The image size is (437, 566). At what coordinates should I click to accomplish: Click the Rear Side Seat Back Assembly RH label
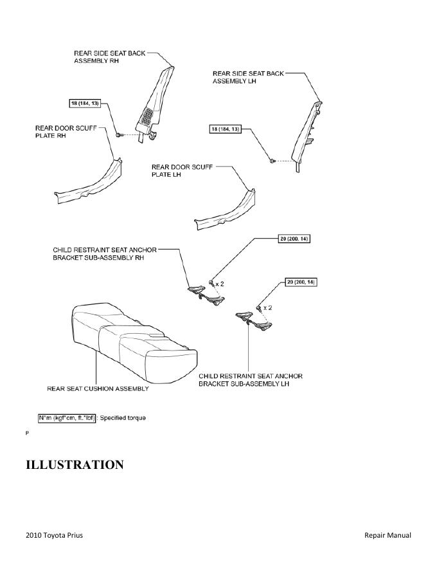[109, 57]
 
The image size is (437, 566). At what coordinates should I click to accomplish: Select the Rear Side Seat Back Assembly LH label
[247, 78]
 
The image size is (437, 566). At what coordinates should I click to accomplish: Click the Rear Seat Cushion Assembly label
[98, 388]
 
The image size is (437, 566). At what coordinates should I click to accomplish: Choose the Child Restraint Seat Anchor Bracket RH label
[105, 253]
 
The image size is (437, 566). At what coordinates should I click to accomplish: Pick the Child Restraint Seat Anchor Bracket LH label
[251, 379]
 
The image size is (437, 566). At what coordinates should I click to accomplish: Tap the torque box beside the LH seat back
[226, 129]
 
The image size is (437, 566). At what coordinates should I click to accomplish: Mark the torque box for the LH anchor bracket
[301, 282]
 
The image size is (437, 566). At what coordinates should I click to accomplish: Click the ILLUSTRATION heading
[74, 464]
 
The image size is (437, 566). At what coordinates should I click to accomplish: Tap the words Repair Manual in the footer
[388, 535]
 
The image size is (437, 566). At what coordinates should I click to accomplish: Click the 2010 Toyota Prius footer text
[54, 535]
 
